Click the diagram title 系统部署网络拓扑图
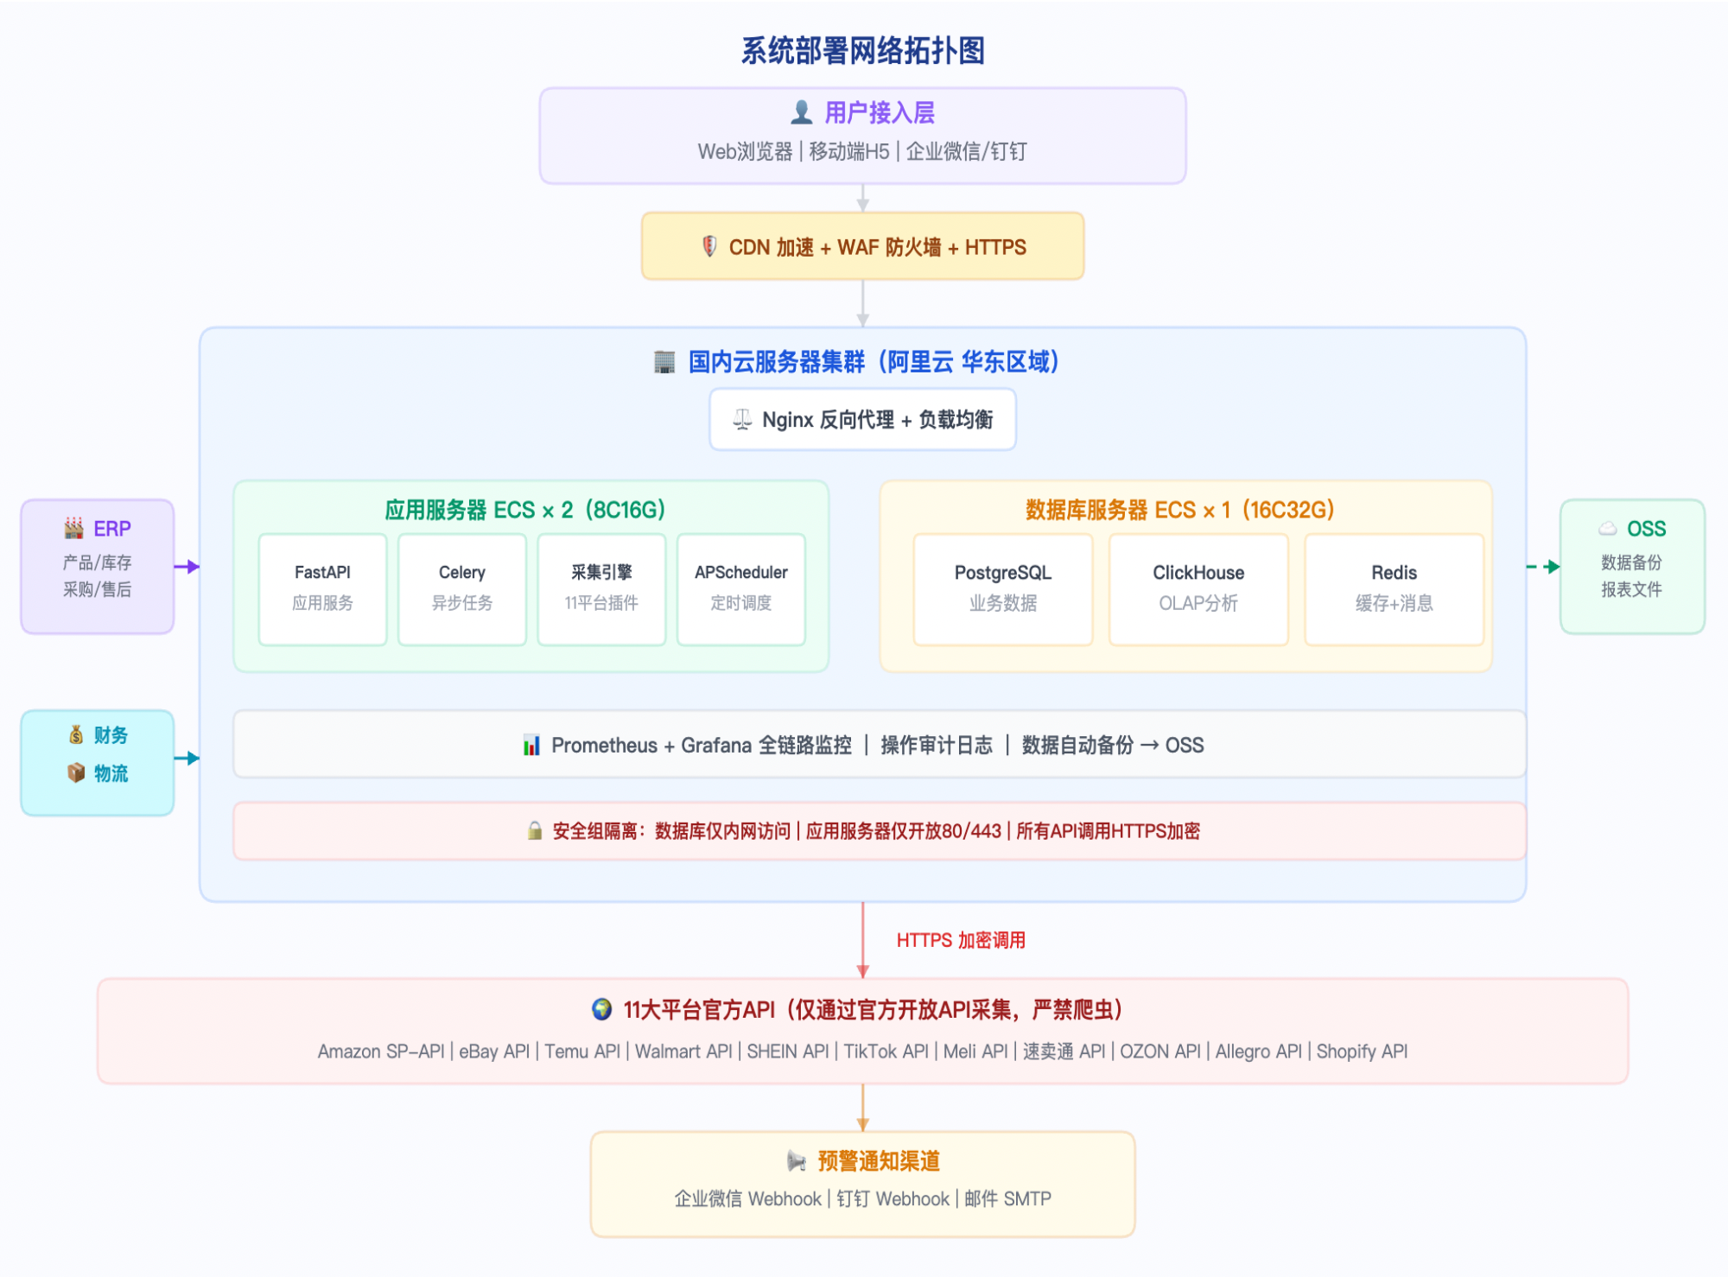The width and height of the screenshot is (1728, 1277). click(862, 51)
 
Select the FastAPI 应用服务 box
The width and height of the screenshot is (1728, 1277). click(322, 588)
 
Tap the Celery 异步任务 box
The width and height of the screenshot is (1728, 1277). click(462, 588)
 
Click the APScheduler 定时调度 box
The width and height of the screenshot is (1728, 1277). click(740, 588)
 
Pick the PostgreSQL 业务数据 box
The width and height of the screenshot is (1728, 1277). click(1002, 588)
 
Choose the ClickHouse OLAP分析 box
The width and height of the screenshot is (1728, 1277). click(1198, 588)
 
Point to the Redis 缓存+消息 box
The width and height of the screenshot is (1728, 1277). click(1394, 588)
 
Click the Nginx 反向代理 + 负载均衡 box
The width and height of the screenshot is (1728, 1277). click(862, 420)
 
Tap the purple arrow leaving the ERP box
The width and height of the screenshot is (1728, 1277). click(187, 567)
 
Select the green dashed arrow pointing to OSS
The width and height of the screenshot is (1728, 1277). click(1543, 567)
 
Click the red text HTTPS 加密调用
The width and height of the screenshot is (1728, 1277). click(960, 940)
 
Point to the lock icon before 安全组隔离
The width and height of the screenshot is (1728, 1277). click(535, 831)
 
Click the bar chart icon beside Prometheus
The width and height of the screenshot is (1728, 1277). click(531, 745)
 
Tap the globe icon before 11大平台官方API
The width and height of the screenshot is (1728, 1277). click(601, 1009)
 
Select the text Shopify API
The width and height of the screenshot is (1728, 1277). click(1362, 1051)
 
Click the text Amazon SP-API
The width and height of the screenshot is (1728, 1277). click(381, 1051)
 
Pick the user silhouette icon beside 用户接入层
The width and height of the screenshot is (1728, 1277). click(801, 112)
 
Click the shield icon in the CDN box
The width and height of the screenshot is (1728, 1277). click(708, 247)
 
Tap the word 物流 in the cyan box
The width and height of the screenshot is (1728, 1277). click(111, 773)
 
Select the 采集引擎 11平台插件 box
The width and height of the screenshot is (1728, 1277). click(601, 588)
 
